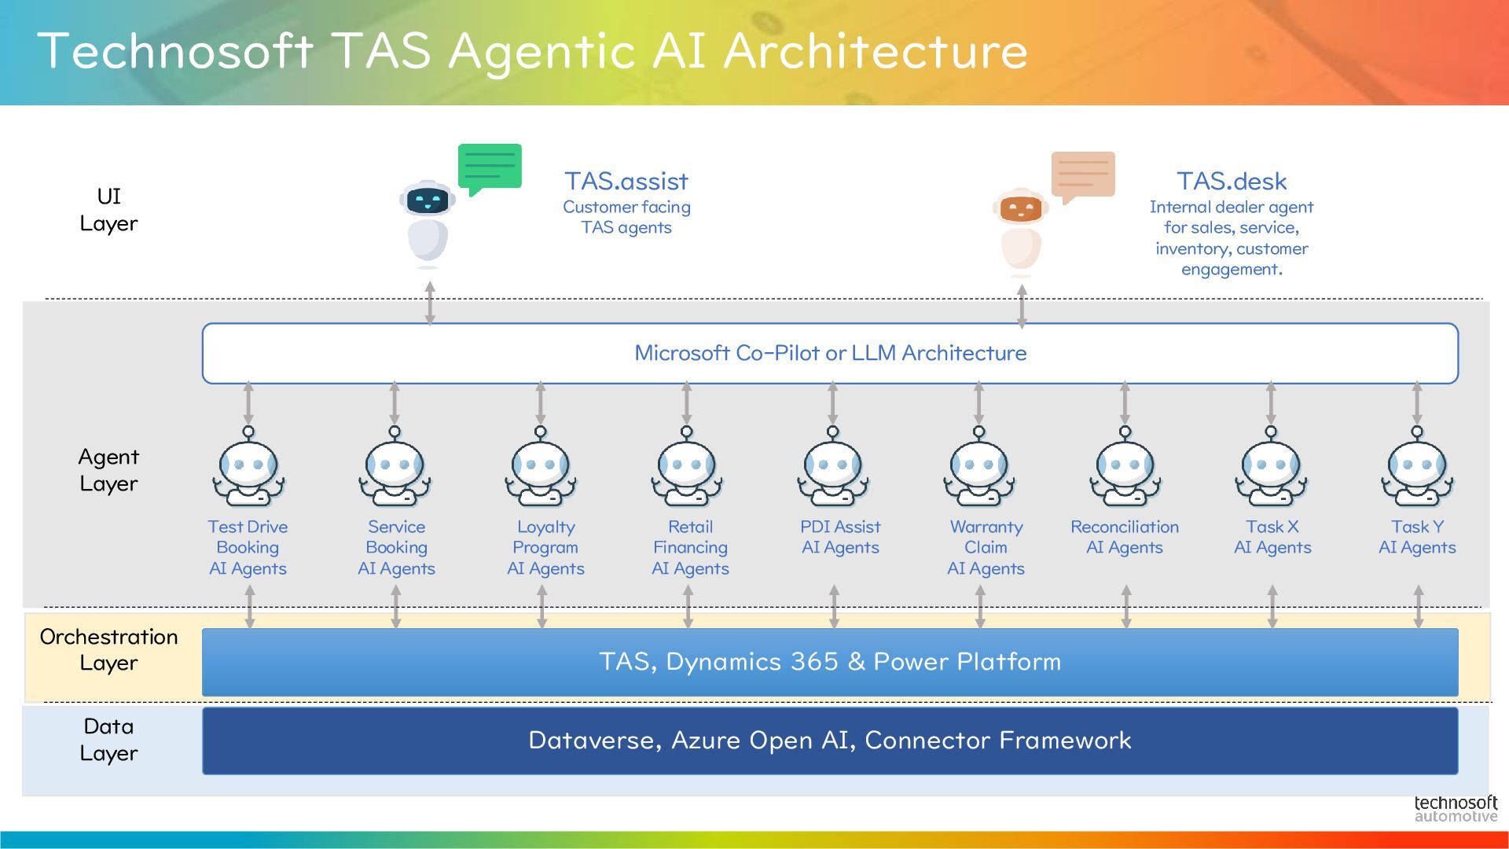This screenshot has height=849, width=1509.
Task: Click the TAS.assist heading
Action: point(626,182)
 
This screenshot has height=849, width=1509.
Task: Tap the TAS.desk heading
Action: point(1232,182)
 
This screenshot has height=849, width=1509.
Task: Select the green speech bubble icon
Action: point(490,168)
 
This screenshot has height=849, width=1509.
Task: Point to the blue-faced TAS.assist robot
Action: point(428,223)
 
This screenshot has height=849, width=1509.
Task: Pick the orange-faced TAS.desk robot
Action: point(1021,232)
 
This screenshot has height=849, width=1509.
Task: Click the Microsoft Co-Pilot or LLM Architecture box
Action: point(830,353)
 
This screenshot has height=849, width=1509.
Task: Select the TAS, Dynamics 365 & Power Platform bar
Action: point(830,662)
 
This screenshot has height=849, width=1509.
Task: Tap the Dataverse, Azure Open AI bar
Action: point(830,741)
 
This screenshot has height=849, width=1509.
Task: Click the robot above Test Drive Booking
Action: point(248,467)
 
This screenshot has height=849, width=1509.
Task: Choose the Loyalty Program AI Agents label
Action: point(545,548)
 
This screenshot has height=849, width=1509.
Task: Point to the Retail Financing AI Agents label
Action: point(690,548)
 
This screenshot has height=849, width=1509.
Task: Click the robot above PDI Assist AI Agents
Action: point(833,467)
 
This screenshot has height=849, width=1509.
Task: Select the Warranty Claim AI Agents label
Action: point(986,548)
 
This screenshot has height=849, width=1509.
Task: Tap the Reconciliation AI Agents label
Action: point(1125,538)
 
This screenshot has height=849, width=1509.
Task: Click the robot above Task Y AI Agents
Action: point(1418,467)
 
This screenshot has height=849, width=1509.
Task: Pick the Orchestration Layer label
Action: point(108,649)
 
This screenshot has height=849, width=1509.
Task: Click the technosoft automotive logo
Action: point(1456,809)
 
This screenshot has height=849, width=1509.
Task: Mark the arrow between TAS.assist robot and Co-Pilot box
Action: point(430,303)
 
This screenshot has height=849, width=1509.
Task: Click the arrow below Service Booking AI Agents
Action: point(395,607)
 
